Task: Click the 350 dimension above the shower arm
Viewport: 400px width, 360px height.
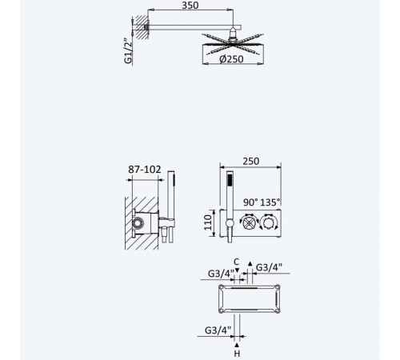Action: pos(190,6)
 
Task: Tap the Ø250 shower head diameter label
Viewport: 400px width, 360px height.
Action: pos(231,59)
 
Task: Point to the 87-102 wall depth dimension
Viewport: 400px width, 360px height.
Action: pos(145,170)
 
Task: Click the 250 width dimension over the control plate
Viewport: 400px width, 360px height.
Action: pos(251,161)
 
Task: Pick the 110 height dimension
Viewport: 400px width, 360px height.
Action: pos(207,222)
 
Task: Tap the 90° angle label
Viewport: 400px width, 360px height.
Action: pos(250,202)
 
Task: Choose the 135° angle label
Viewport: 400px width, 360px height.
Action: pos(270,202)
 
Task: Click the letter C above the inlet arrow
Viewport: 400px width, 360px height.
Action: pos(237,262)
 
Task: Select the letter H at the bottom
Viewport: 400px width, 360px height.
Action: pos(237,354)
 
